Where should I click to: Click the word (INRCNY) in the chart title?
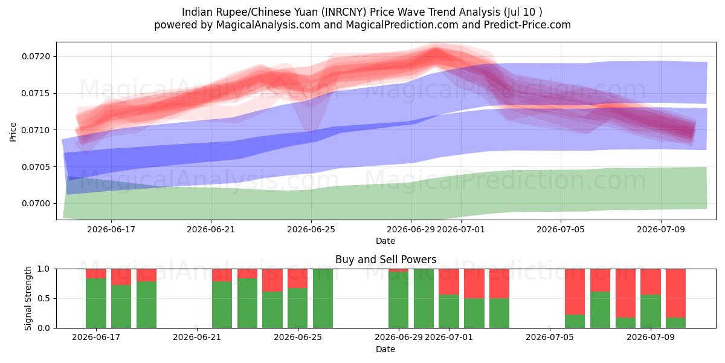344,12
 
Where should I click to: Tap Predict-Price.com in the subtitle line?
527,25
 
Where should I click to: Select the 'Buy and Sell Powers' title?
386,260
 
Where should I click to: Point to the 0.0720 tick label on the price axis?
36,57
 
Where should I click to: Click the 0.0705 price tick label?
36,167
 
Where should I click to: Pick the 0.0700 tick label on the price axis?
36,203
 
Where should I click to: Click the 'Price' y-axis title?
13,132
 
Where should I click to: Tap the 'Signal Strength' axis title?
28,298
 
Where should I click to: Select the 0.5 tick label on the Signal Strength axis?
44,298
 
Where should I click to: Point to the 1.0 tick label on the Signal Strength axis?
44,269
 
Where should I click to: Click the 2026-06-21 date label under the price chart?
211,229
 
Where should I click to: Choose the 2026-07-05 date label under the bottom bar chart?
550,338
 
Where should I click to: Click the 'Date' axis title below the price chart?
385,241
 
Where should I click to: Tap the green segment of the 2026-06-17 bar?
96,303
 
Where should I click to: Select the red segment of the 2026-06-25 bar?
297,278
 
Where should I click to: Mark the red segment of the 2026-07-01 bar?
448,282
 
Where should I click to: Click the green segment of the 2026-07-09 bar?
651,311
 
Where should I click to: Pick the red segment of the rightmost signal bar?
676,293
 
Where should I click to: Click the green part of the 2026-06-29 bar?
398,300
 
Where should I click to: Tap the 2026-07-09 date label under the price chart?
661,229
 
